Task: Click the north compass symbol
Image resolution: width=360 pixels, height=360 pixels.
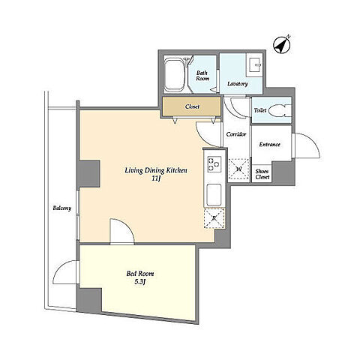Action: click(x=282, y=45)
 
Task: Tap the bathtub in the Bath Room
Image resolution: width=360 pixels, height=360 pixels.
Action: click(x=175, y=74)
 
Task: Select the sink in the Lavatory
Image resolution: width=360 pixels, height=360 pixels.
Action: click(x=254, y=64)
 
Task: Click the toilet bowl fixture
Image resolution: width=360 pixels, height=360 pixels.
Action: click(x=280, y=110)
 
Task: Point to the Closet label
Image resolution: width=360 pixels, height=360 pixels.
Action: click(x=192, y=106)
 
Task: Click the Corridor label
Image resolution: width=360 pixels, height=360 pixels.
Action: click(x=236, y=134)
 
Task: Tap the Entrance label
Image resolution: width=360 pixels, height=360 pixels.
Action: click(x=269, y=144)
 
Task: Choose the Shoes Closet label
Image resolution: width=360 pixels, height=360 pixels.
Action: click(x=262, y=174)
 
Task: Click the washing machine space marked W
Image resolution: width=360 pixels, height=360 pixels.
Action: click(x=238, y=169)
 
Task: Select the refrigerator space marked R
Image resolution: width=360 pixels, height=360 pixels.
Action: click(x=214, y=217)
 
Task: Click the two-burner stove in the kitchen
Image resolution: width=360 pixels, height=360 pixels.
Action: click(x=214, y=164)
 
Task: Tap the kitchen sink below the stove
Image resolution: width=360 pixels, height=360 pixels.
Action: click(x=214, y=194)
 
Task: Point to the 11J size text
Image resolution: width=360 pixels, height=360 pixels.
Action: click(x=156, y=178)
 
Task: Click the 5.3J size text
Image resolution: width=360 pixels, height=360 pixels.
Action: click(x=140, y=282)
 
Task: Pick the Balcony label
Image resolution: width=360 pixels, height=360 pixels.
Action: click(x=62, y=208)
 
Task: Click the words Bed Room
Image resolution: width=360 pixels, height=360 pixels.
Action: click(x=140, y=274)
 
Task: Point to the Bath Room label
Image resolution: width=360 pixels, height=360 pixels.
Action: click(x=202, y=76)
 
